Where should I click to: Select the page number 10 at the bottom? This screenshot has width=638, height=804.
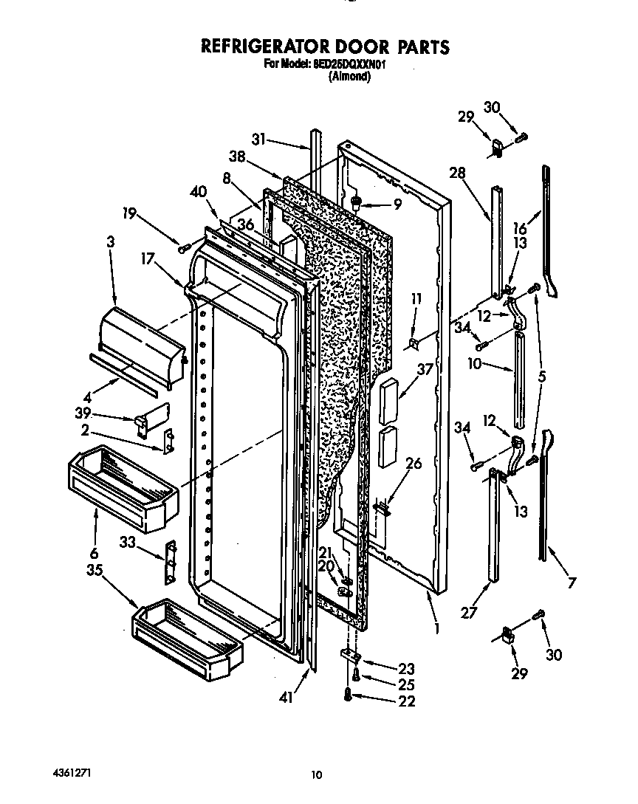[316, 774]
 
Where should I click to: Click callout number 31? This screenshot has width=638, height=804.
[258, 138]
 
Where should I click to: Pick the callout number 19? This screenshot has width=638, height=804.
[130, 215]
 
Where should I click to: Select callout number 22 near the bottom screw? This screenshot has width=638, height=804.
[406, 701]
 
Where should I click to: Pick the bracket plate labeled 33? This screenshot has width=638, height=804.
[172, 561]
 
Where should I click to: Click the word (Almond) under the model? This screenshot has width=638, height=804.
[349, 75]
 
